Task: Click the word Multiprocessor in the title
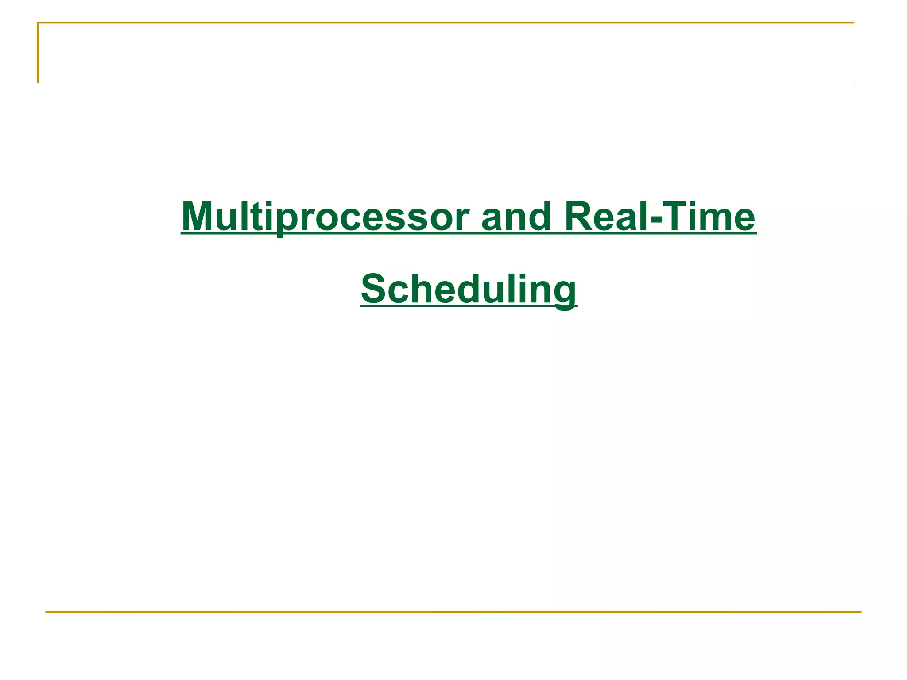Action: click(326, 217)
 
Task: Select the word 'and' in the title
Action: click(516, 217)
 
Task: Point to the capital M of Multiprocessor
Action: click(198, 217)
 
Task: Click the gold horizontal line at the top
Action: click(443, 23)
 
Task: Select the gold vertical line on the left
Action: click(38, 53)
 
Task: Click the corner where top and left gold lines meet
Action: click(38, 23)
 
